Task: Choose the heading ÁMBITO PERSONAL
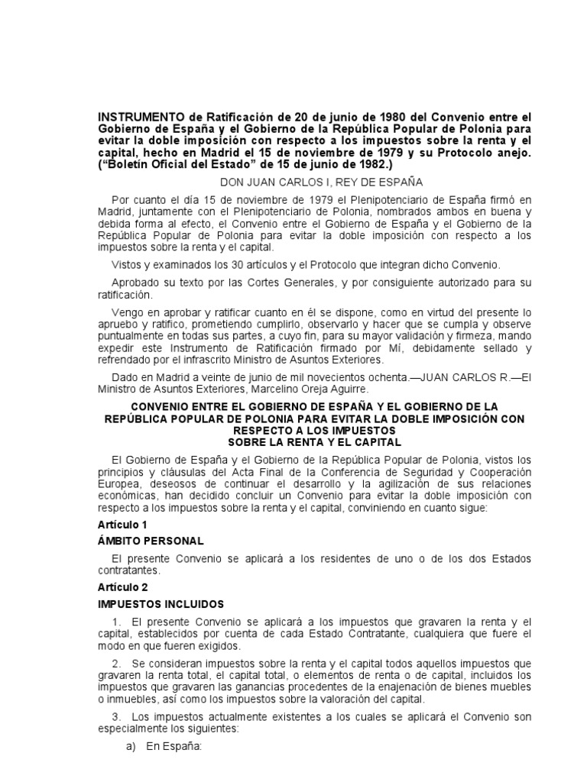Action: [151, 541]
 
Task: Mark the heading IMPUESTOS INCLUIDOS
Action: [161, 604]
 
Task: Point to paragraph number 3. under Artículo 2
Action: [116, 717]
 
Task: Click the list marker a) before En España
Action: [130, 747]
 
